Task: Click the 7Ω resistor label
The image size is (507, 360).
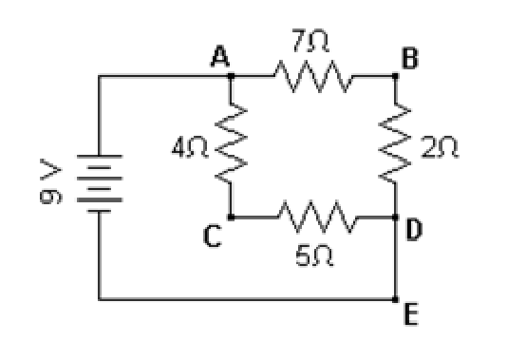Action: click(x=310, y=41)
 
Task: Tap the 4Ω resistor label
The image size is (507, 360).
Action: click(x=190, y=147)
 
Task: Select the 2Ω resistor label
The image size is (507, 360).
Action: click(x=440, y=147)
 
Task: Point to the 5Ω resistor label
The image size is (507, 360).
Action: click(x=314, y=256)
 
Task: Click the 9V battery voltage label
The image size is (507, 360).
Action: click(x=50, y=181)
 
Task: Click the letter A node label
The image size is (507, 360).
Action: click(x=220, y=56)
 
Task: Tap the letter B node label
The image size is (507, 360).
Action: click(x=409, y=58)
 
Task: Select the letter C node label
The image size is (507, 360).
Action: click(x=213, y=237)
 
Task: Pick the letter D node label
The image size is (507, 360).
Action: click(x=414, y=229)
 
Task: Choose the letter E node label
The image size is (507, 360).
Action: click(x=411, y=313)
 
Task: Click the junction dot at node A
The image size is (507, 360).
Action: click(x=231, y=76)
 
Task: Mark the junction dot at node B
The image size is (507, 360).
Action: click(x=395, y=76)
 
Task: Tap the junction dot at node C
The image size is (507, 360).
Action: click(x=231, y=217)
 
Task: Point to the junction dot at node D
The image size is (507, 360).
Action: click(x=395, y=217)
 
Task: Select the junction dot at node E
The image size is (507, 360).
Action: click(x=395, y=299)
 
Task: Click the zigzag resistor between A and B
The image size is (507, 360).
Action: click(x=313, y=76)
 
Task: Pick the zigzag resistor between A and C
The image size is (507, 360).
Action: click(x=231, y=143)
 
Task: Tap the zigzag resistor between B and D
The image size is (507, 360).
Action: click(x=395, y=143)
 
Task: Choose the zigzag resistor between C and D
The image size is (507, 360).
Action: click(x=317, y=217)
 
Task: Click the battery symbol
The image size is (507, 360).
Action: click(x=100, y=183)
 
